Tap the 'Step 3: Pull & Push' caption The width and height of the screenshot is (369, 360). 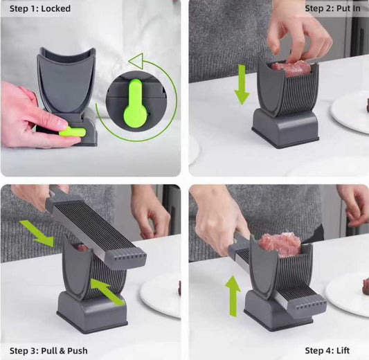(44, 351)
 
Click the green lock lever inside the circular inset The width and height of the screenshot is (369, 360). (135, 104)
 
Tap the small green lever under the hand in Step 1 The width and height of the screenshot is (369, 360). (72, 131)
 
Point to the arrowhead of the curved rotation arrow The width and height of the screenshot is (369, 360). (136, 60)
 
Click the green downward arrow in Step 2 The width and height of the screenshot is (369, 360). (241, 84)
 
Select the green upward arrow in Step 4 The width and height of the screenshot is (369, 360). (233, 295)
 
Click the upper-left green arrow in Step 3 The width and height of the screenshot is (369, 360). (37, 233)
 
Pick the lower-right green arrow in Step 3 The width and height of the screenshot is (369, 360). (107, 291)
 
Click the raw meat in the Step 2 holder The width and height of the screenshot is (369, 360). (291, 67)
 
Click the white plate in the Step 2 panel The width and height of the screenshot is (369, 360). (352, 111)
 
